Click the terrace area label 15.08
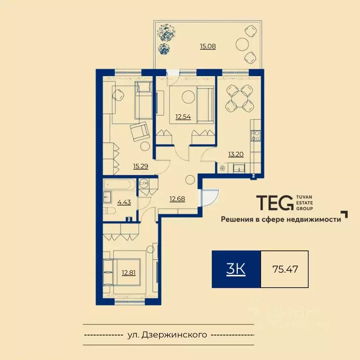pos(208,46)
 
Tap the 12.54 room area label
pos(183,117)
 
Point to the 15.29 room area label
pos(141,166)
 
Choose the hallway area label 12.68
pos(177,199)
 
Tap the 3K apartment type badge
pos(236,270)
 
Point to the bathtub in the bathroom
pos(120,184)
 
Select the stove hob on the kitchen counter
pos(256,135)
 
